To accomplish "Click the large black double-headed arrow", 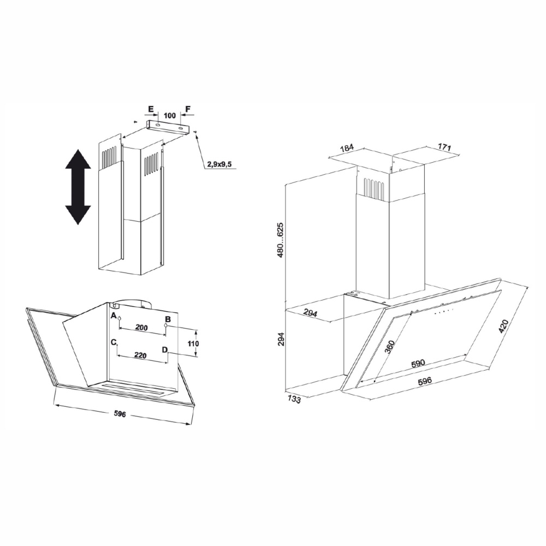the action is click(78, 187).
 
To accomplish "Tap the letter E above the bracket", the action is click(151, 109).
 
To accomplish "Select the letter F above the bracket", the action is click(188, 109).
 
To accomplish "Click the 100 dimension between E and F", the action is click(170, 116).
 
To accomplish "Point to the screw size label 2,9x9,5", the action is click(219, 164).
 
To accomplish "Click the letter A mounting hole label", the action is click(113, 316).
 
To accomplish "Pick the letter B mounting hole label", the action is click(168, 319).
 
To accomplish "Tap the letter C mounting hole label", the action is click(113, 342).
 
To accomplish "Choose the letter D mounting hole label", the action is click(165, 349).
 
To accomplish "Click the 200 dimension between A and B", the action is click(141, 328).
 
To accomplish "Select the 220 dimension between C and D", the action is click(140, 355).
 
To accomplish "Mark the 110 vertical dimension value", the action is click(193, 343).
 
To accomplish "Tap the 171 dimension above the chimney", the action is click(444, 147).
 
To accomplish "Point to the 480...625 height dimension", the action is click(281, 240).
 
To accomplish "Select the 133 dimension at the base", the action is click(294, 400).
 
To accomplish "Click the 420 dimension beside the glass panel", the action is click(504, 326).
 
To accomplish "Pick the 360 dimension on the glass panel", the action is click(390, 347).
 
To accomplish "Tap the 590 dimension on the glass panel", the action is click(418, 364).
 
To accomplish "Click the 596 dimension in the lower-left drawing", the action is click(120, 414).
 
